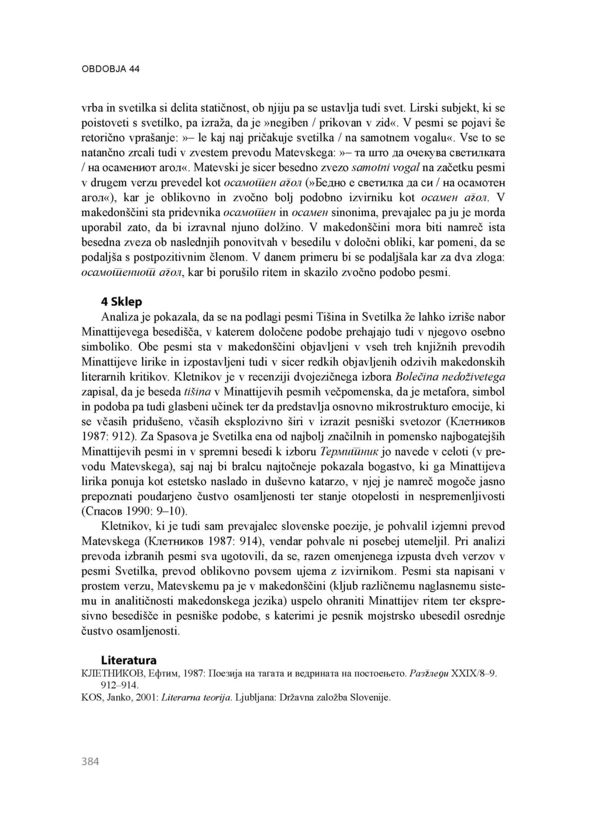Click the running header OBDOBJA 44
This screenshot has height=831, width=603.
click(110, 69)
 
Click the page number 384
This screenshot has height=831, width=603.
click(90, 762)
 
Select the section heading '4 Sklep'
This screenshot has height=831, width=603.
click(121, 302)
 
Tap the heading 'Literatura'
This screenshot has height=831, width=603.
click(128, 660)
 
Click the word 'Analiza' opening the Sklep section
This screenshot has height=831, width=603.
click(120, 317)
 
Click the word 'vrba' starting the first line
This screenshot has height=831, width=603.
click(91, 108)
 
